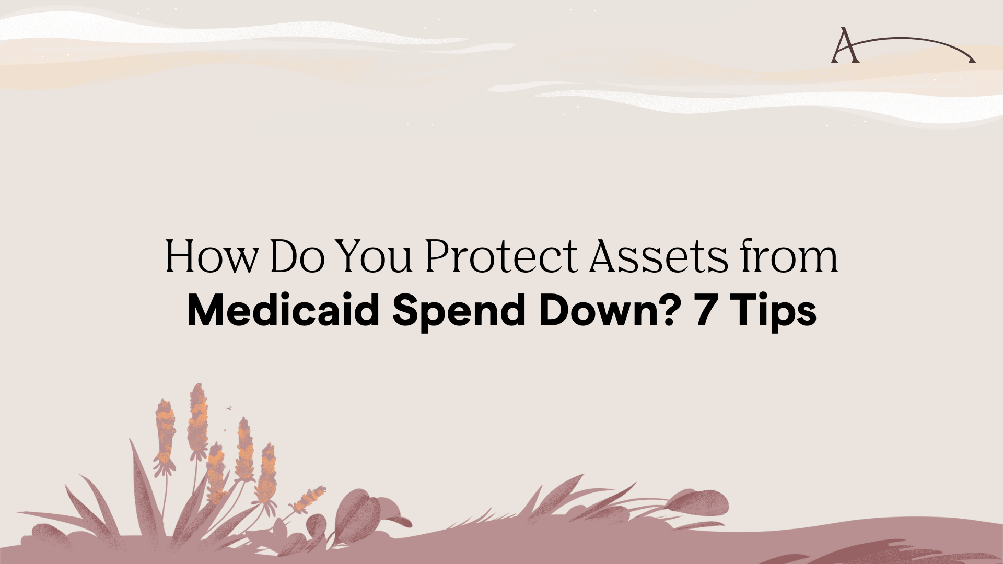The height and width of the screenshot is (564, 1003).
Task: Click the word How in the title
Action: point(211,256)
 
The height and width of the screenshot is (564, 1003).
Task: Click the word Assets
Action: point(658,256)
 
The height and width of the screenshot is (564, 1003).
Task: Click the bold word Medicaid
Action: point(283,311)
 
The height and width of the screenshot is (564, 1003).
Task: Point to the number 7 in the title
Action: point(705,311)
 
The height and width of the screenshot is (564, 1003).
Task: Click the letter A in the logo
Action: point(845,46)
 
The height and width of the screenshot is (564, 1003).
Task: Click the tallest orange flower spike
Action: point(198,418)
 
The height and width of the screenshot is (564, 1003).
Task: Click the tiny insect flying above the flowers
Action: point(229,408)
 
